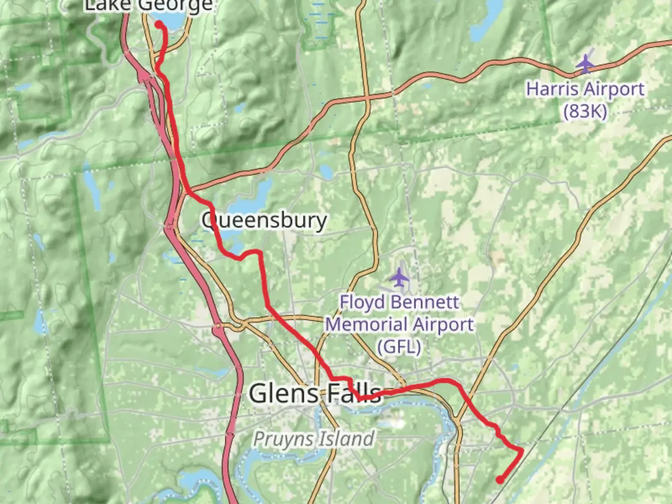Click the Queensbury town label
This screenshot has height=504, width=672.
[264, 220]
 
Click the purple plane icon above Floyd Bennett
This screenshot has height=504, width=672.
[399, 278]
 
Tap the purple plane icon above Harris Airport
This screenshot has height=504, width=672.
[584, 64]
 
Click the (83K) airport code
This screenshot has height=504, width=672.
[585, 112]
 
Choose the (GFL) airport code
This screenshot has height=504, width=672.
[399, 347]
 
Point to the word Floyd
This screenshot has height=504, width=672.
[357, 302]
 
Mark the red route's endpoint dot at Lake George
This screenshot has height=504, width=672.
[159, 24]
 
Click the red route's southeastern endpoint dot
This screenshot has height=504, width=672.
[500, 479]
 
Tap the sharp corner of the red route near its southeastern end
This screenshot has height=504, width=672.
[521, 450]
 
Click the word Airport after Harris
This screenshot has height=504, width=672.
[615, 89]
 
